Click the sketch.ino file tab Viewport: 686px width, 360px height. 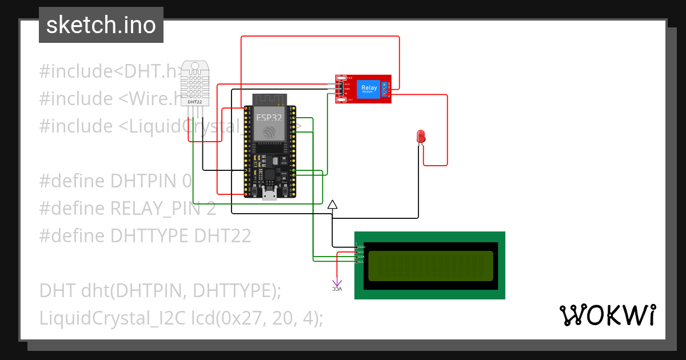(101, 25)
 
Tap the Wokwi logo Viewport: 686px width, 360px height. (607, 315)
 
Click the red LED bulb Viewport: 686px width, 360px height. (421, 136)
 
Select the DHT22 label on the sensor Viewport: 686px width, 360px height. (196, 101)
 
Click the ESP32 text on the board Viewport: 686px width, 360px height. (269, 118)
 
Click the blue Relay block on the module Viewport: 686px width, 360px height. (369, 89)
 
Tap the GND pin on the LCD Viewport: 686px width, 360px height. (361, 247)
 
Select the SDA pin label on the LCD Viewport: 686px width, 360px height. (361, 257)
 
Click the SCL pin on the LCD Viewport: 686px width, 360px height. (361, 262)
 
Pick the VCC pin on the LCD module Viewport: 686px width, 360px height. (361, 252)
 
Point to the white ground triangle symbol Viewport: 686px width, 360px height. (333, 204)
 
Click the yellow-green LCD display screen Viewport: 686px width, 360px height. (430, 266)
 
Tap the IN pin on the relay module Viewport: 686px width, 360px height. (346, 93)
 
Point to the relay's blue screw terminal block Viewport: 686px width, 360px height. (385, 89)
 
